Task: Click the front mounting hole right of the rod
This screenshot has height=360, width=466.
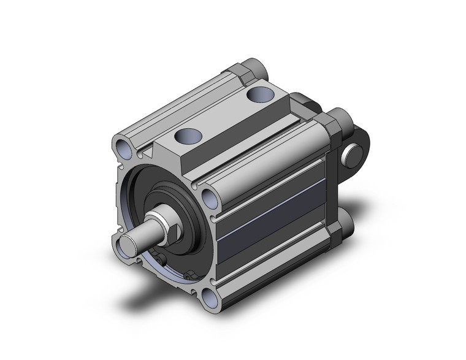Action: [208, 199]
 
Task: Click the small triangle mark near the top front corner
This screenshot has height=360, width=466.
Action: [148, 148]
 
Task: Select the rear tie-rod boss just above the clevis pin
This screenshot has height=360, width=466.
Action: [337, 119]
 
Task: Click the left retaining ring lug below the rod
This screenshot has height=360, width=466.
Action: [161, 263]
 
